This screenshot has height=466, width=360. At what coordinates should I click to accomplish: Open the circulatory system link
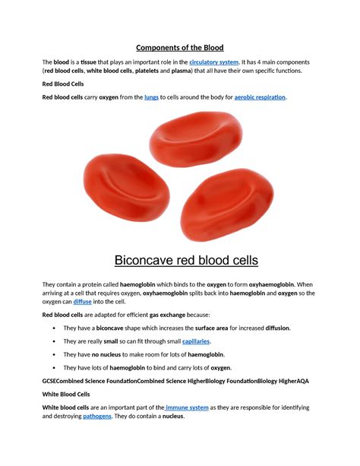coord(215,61)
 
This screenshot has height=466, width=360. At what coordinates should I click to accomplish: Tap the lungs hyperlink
coord(153,97)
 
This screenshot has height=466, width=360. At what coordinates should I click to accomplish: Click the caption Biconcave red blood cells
coord(186,261)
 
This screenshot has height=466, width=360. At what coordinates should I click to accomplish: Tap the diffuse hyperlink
coord(83,302)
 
